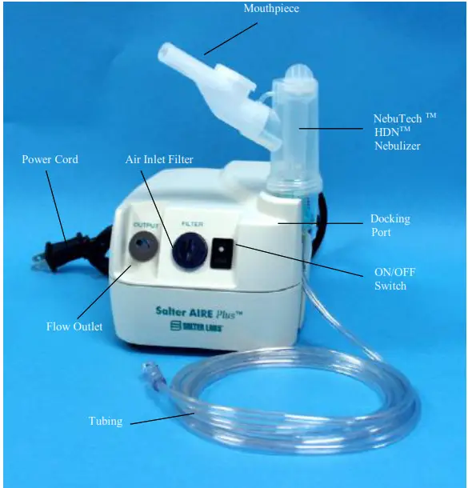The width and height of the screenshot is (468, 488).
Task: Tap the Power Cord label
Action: point(50,159)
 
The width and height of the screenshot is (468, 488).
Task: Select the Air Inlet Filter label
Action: point(159,159)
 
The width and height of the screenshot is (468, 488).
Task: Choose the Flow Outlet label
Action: point(74,326)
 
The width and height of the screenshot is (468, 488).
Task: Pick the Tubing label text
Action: point(106,422)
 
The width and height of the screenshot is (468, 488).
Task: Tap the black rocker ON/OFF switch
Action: point(221,256)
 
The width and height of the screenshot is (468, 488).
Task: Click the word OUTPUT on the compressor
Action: point(146,226)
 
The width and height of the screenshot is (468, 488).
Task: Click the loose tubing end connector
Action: point(149,372)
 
